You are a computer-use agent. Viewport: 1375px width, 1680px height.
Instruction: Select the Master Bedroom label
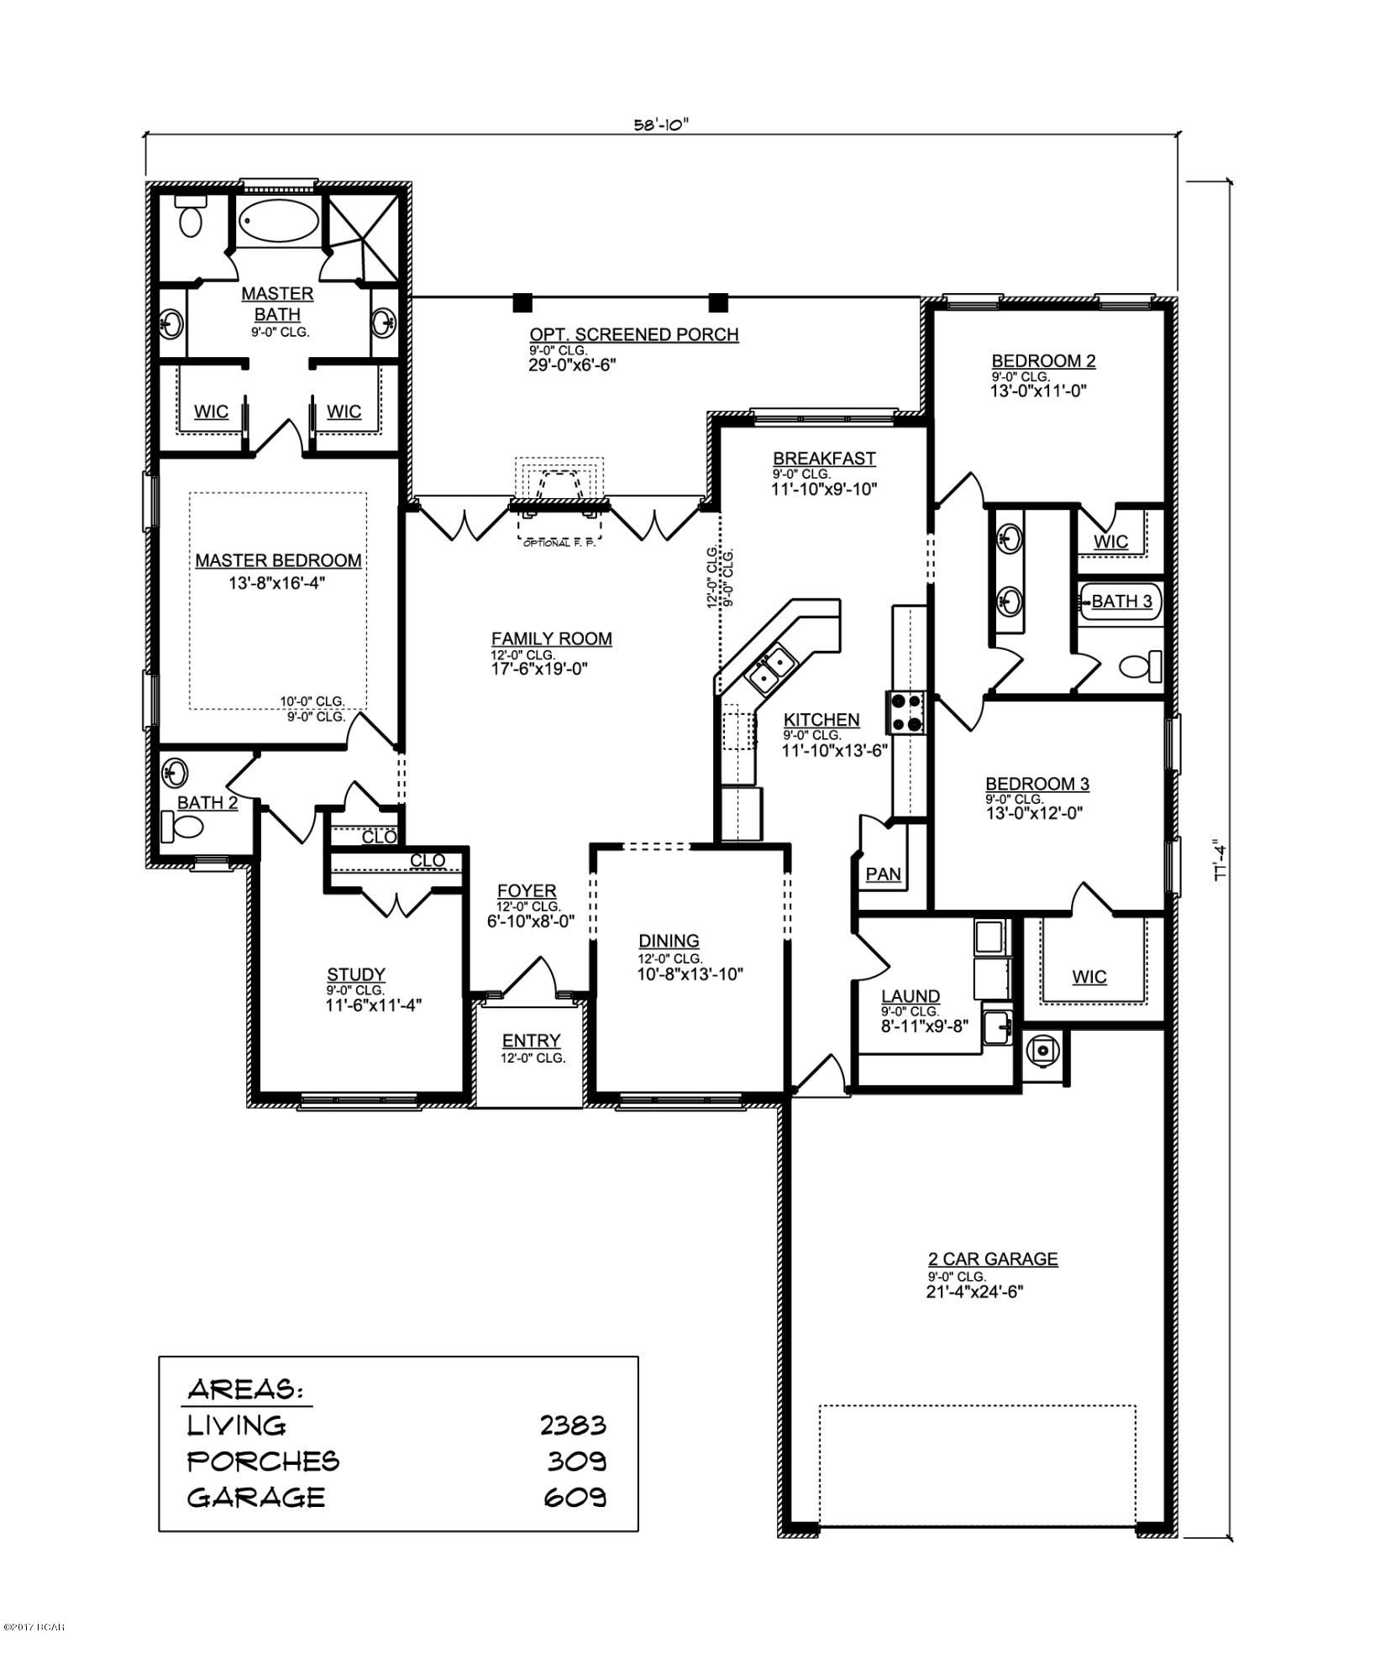coord(278,560)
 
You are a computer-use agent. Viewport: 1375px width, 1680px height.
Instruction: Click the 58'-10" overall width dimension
coord(661,125)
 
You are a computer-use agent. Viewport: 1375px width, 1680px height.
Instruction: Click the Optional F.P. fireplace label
coord(559,543)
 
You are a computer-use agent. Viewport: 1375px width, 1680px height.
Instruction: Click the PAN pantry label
coord(883,874)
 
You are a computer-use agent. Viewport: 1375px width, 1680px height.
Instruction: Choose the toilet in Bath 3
coord(1140,667)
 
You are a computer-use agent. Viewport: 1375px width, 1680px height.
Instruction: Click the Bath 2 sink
coord(176,770)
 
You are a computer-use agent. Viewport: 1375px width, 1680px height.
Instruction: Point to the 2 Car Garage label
coord(992,1258)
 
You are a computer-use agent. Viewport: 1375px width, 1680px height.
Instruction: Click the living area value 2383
coord(573,1425)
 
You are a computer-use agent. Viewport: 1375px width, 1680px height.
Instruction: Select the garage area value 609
coord(576,1497)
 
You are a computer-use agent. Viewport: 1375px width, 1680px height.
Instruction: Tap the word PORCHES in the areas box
coord(263,1462)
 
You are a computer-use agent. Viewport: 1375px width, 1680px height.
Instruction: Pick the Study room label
coord(356,974)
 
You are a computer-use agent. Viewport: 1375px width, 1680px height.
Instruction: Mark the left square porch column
coord(522,302)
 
